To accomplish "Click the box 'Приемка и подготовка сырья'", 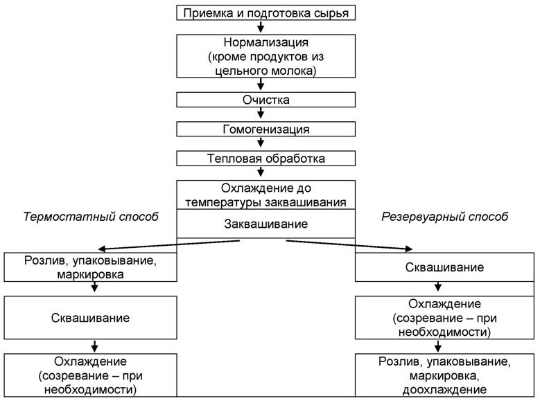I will (x=261, y=12).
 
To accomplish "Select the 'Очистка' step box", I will (x=261, y=100).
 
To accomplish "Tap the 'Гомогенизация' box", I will (x=261, y=129).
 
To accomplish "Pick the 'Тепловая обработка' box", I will (x=261, y=159).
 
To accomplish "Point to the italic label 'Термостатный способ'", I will (x=91, y=217).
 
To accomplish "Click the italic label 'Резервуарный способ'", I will (x=445, y=217).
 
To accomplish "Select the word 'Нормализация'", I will (x=261, y=42).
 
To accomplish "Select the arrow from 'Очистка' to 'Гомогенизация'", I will (x=261, y=115).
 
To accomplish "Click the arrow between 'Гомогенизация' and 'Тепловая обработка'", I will (x=261, y=144).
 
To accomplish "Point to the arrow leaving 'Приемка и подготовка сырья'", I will (x=261, y=28).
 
